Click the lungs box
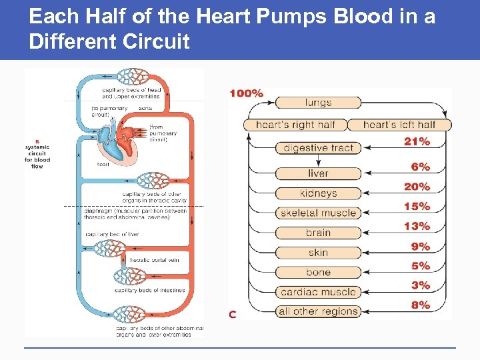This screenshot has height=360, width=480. pos(318,103)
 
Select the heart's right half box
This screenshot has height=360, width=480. pos(295,125)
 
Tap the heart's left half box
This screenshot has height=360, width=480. pos(399,125)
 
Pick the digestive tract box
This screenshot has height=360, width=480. pos(318,148)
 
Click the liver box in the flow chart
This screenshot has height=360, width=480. pos(318,173)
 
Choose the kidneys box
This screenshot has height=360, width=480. pos(318,193)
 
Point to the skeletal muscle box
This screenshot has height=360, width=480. pos(318,213)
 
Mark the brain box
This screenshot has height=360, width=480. pos(318,233)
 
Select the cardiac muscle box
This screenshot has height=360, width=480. pos(318,292)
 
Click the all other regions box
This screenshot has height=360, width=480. pos(318,311)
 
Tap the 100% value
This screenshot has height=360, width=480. pos(246,94)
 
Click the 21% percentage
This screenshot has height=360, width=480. pos(417,141)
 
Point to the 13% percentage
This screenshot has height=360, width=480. pos(417,227)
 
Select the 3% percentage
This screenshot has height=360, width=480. pos(421,285)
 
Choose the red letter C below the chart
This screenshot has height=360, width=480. pos(233,314)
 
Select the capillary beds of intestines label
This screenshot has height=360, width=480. pos(145,291)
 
